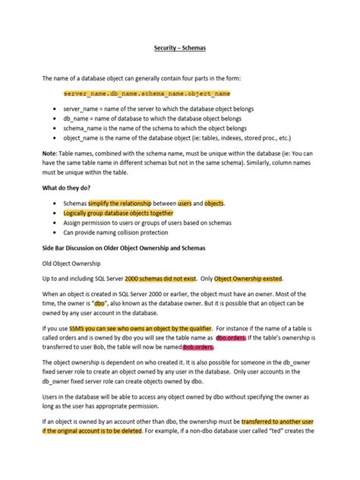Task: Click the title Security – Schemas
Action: click(x=180, y=47)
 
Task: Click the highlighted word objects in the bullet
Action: click(x=214, y=204)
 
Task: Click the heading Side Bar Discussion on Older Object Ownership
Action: click(x=137, y=248)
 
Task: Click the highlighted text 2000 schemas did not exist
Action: click(x=159, y=279)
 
